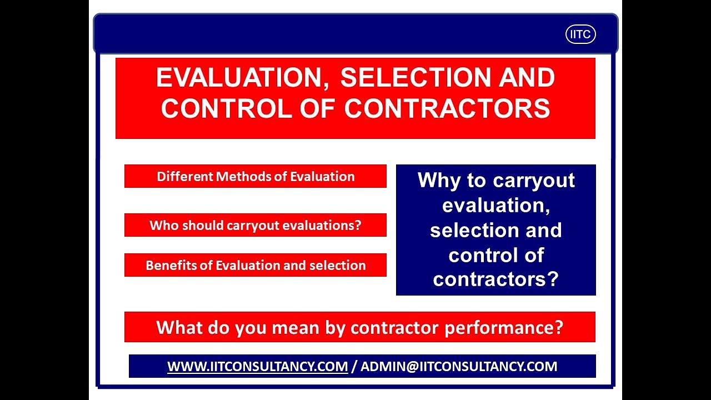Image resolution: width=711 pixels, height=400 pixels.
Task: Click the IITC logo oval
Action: tap(580, 34)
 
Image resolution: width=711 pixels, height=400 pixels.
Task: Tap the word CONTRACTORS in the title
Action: tap(447, 108)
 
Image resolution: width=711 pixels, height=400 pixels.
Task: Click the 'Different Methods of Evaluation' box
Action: tap(256, 177)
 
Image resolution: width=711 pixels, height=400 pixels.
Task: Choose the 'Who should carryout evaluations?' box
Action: tap(256, 225)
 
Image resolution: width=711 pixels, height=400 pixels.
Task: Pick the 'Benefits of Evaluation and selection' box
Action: tap(256, 265)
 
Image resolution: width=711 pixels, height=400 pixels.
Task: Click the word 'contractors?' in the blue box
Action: tap(495, 279)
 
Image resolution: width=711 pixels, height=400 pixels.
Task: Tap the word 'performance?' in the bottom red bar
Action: tap(504, 327)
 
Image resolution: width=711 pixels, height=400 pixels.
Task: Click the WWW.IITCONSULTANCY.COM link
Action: tap(258, 367)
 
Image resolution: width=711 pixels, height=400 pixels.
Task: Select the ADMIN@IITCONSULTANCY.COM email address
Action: tap(459, 367)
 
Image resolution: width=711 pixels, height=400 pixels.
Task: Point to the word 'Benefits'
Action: tap(172, 265)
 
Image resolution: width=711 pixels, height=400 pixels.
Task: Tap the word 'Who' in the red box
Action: tap(164, 225)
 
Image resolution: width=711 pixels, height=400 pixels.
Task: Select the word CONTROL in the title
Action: tap(225, 108)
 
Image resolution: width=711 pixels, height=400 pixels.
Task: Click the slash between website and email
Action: tap(354, 367)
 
